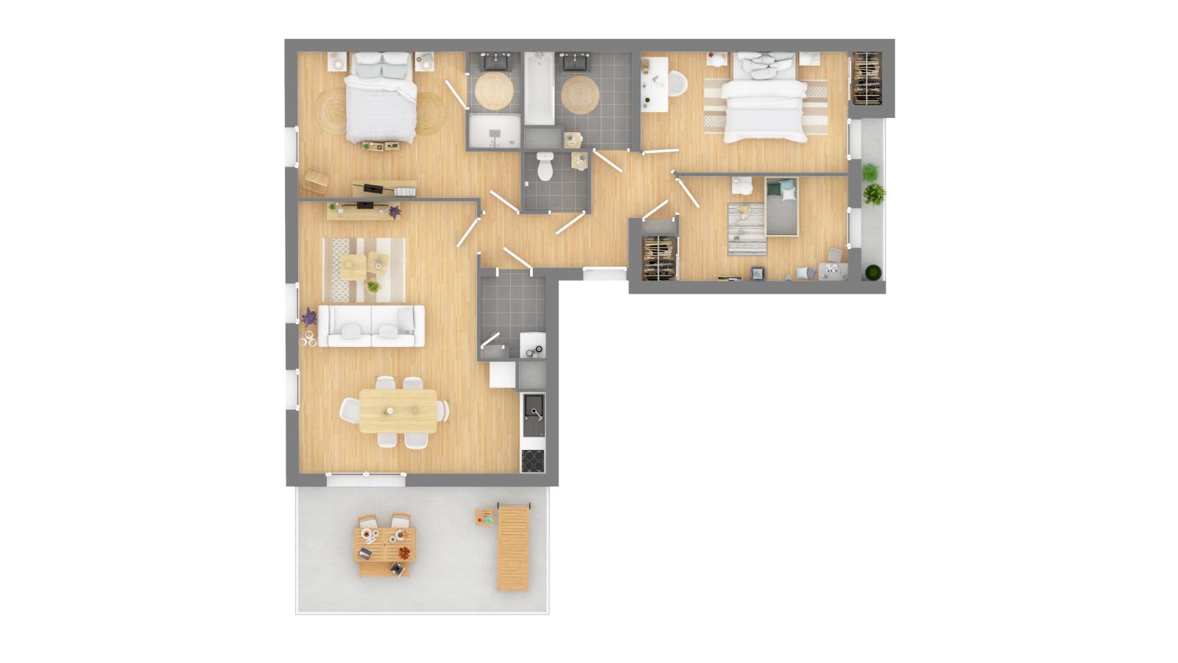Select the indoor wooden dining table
(398, 411)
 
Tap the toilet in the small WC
(545, 166)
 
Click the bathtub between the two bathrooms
(539, 88)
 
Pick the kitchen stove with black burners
(532, 460)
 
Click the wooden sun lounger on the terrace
(513, 547)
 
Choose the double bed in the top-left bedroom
(381, 99)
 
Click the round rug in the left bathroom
(494, 92)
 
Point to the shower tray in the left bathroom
(494, 131)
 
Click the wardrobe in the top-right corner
(867, 77)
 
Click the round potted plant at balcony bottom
(872, 273)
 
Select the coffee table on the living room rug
(354, 266)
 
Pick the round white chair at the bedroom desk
(677, 85)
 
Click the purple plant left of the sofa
(309, 318)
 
